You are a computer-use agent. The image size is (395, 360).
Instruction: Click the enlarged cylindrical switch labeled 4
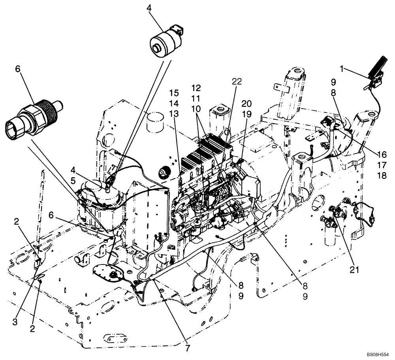pyautogui.click(x=165, y=41)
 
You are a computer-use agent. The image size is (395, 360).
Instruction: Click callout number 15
pyautogui.click(x=174, y=93)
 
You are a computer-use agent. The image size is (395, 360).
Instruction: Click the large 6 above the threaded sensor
pyautogui.click(x=17, y=69)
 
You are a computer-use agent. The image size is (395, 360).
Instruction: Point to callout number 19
pyautogui.click(x=246, y=114)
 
